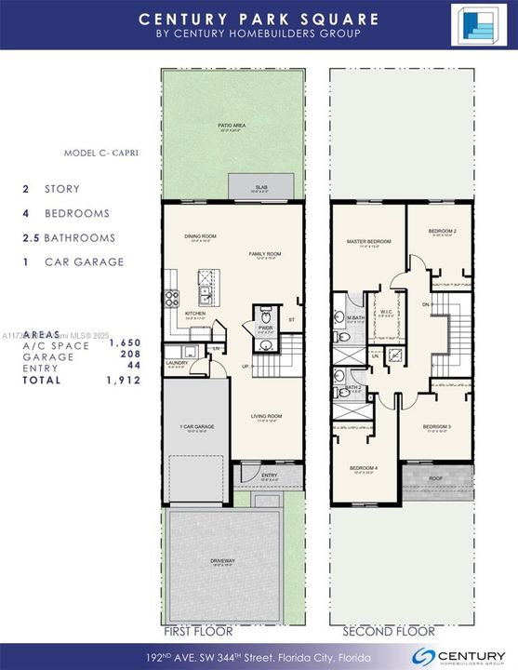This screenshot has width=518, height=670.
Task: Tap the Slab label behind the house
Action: coord(261,188)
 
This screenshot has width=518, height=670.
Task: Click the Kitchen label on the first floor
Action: coord(194,314)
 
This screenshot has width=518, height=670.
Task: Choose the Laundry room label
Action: coord(178,363)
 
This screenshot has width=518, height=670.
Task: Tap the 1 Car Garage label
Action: coord(196,426)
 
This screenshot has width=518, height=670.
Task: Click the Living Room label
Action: coord(266,416)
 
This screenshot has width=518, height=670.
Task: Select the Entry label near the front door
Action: coord(270,475)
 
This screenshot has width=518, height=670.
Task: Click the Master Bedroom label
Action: coord(368,242)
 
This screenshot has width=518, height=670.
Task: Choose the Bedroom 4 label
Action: coord(365,467)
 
